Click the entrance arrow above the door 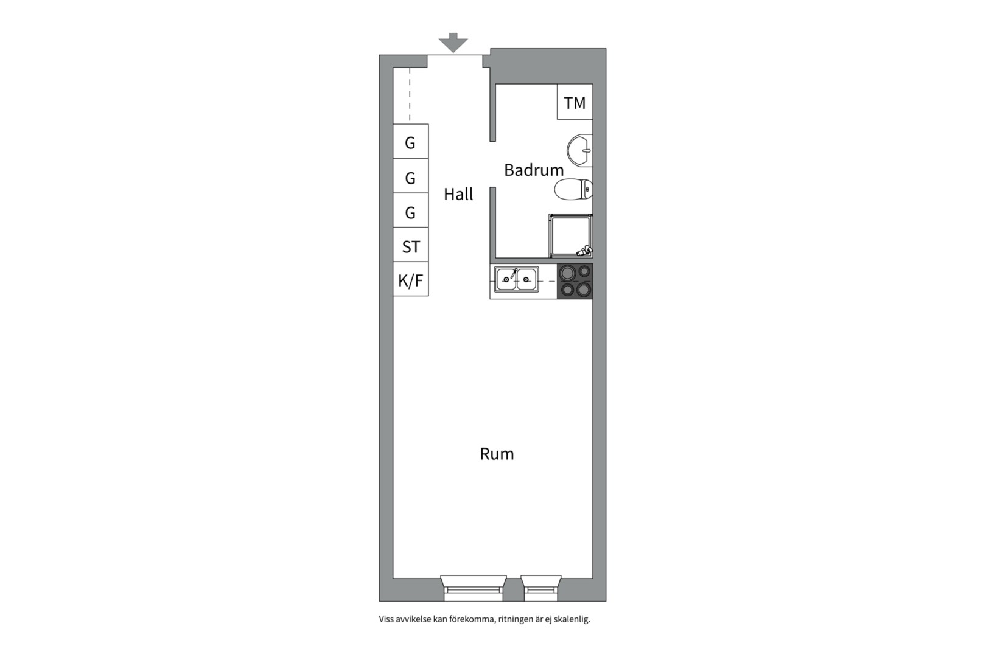(x=453, y=43)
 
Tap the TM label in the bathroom (x=575, y=103)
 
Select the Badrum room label (x=534, y=170)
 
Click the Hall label (x=458, y=194)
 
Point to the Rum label (x=497, y=454)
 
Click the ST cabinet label (x=411, y=247)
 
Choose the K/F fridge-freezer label (x=410, y=280)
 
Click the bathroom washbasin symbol (x=579, y=150)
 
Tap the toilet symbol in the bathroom (x=573, y=190)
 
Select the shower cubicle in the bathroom (x=570, y=236)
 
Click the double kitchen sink (x=516, y=279)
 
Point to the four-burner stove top (x=575, y=281)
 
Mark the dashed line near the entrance (x=410, y=95)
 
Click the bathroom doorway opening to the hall (x=493, y=164)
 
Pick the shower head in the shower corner (x=584, y=252)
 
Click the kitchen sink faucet (x=513, y=273)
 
